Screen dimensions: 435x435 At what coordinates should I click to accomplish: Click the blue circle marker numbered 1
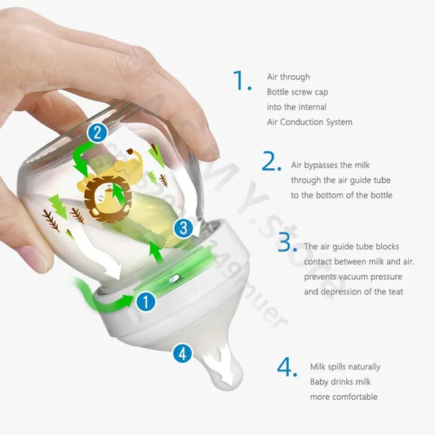coord(146,301)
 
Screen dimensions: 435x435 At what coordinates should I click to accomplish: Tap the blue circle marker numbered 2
coord(97,132)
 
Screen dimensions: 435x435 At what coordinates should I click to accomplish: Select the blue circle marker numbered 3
coord(184,228)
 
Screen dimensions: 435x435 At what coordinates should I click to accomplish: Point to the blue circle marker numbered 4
coord(182,353)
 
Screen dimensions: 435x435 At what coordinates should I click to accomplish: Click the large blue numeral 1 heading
coord(242,80)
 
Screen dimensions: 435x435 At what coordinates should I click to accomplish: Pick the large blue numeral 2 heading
coord(272,161)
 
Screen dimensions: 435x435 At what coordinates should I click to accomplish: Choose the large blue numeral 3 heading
coord(287,242)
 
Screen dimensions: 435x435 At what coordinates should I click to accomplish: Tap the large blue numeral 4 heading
coord(287,367)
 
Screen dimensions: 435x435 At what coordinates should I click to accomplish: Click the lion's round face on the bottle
coord(109,198)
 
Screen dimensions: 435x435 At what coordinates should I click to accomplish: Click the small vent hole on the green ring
coord(174,277)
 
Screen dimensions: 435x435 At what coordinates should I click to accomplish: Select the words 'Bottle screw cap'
coord(297,92)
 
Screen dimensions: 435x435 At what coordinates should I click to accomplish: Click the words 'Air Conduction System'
coord(309,122)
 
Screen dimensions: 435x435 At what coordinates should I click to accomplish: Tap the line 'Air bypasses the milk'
coord(331,165)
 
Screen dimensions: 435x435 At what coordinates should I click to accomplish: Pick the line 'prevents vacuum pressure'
coord(353,277)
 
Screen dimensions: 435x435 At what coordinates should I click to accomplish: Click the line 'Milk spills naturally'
coord(345,366)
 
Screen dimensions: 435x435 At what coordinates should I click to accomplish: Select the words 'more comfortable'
coord(344,397)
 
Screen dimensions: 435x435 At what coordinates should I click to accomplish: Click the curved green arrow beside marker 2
coord(83,159)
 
